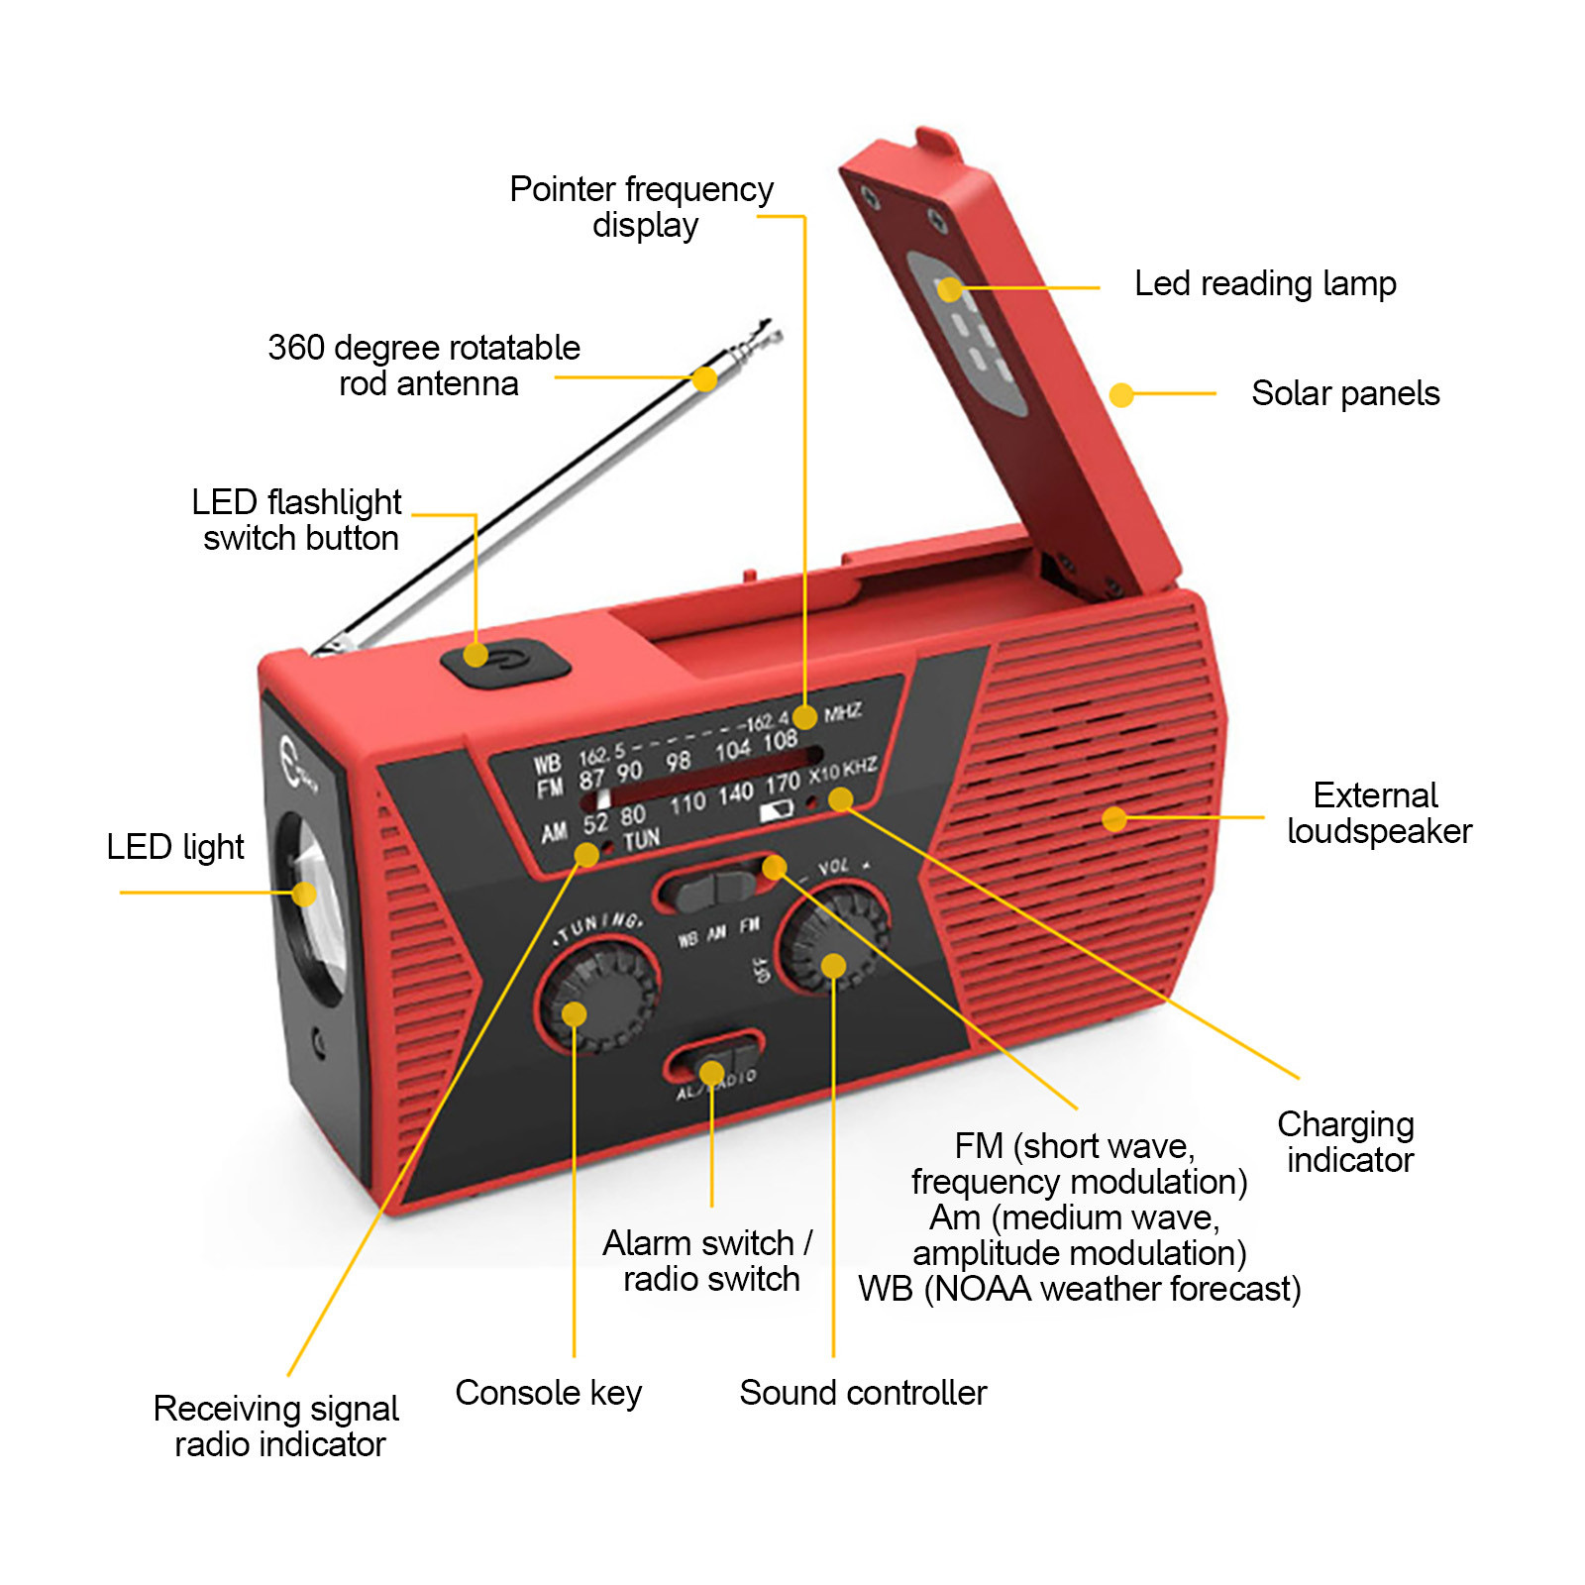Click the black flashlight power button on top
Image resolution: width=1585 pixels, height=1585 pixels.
504,660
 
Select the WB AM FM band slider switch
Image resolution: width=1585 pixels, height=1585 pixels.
715,888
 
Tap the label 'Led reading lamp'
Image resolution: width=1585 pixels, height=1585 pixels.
1264,284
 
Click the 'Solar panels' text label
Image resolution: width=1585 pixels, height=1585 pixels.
1344,393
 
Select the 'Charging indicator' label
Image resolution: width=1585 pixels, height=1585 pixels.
1347,1142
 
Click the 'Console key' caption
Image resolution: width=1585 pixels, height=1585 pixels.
548,1393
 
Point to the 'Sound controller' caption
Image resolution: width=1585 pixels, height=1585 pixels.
863,1393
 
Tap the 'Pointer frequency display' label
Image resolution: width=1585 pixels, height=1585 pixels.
642,206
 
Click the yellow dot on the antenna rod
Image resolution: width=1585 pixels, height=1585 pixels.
704,379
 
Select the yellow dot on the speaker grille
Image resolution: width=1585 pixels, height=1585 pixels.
1114,818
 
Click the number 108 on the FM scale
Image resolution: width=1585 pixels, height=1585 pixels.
780,740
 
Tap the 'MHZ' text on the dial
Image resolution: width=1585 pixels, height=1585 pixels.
842,712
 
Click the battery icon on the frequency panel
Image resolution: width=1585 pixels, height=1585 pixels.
778,811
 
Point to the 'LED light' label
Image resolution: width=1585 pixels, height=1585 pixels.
175,847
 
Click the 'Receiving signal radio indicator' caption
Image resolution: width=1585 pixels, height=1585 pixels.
276,1426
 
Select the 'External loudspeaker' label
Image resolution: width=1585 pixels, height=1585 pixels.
1378,813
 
